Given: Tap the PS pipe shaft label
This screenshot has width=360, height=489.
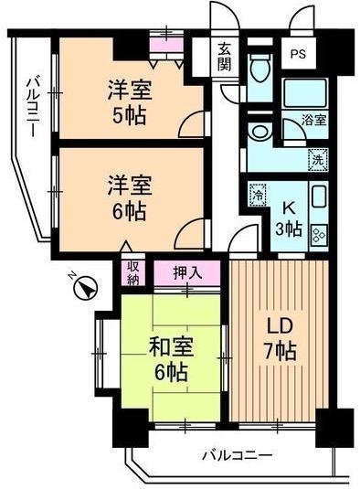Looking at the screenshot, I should [298, 54].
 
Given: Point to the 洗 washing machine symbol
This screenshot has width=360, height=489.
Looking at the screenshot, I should [316, 157].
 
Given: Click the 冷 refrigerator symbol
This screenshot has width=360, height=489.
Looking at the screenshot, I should [258, 194].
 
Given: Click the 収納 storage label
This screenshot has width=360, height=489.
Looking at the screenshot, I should [132, 272].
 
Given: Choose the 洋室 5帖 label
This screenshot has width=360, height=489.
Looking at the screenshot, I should [129, 102].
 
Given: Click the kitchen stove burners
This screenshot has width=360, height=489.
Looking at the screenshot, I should [319, 234].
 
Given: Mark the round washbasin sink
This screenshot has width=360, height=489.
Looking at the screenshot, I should [261, 132].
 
